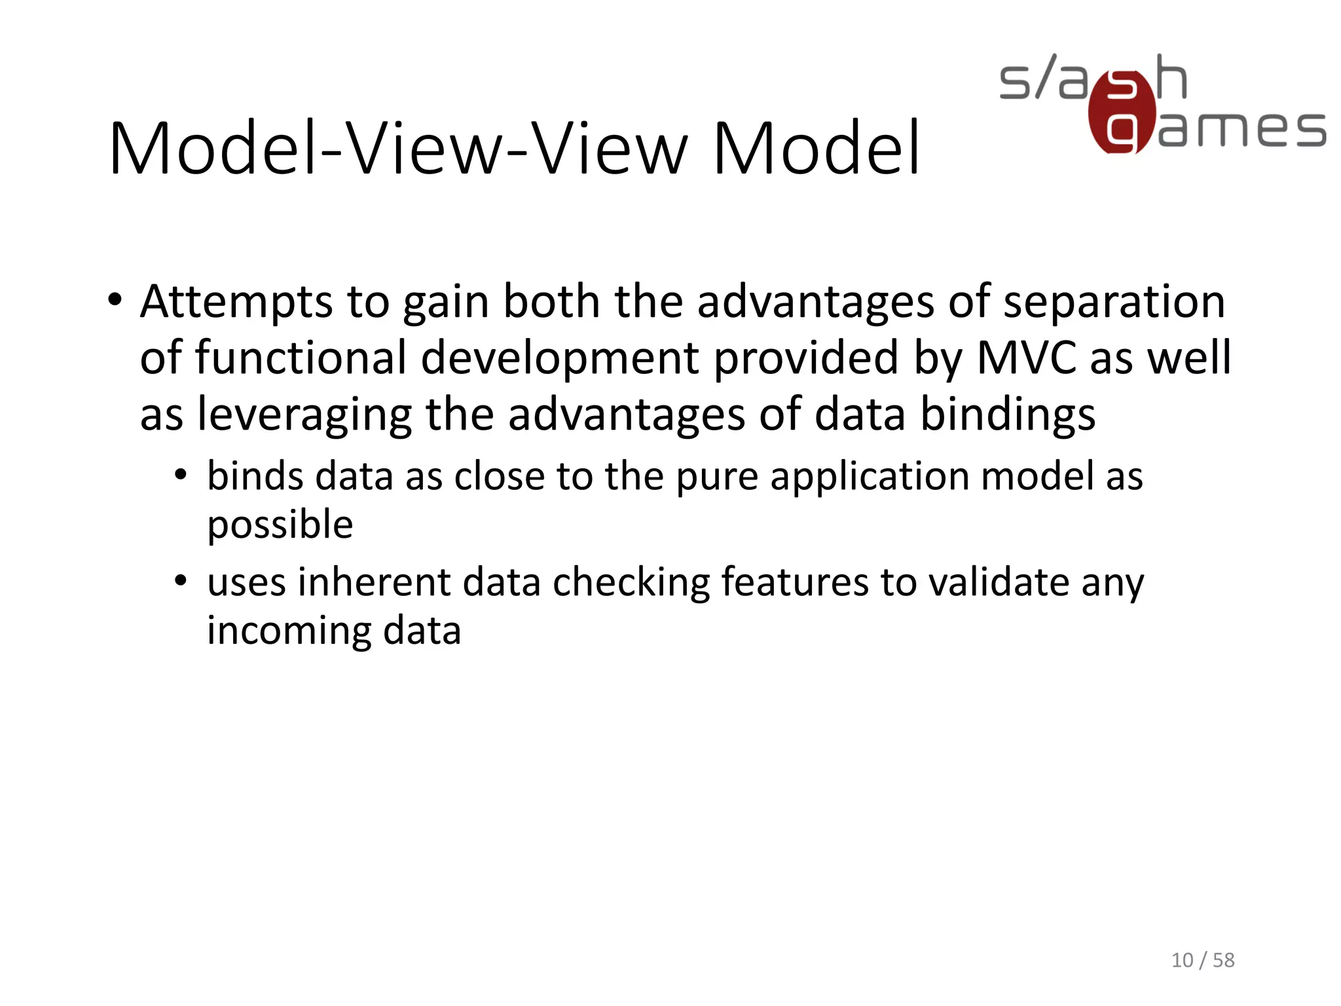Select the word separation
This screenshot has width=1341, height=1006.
(x=1114, y=303)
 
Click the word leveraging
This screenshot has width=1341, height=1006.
(x=304, y=415)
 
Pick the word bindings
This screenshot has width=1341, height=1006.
(x=1008, y=415)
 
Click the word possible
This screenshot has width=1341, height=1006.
(x=280, y=525)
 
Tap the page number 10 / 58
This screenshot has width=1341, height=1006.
(x=1202, y=960)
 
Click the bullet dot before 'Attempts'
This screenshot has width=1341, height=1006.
(x=115, y=301)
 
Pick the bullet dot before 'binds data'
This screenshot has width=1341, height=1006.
(x=181, y=474)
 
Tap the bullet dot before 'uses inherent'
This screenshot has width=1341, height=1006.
(x=181, y=580)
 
